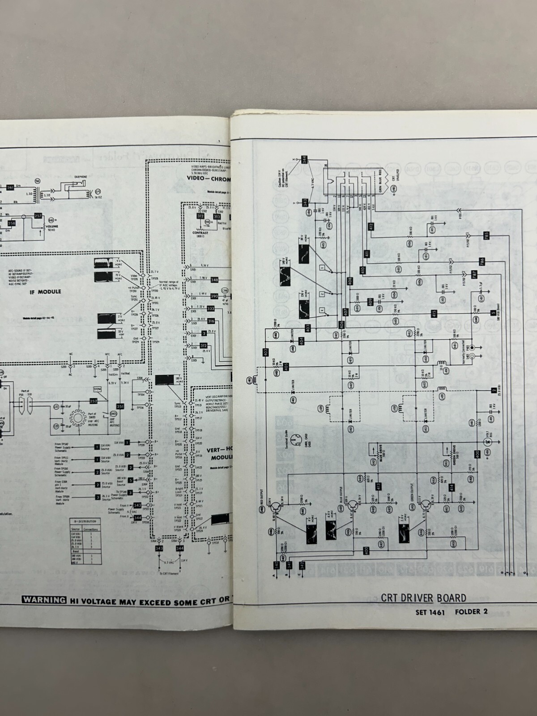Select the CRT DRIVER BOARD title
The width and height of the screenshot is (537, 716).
423,598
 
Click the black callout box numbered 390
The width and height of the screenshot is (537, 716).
214,296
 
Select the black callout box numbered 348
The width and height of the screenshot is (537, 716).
214,280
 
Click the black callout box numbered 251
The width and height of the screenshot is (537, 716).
120,406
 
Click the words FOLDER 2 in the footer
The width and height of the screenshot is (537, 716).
469,611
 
